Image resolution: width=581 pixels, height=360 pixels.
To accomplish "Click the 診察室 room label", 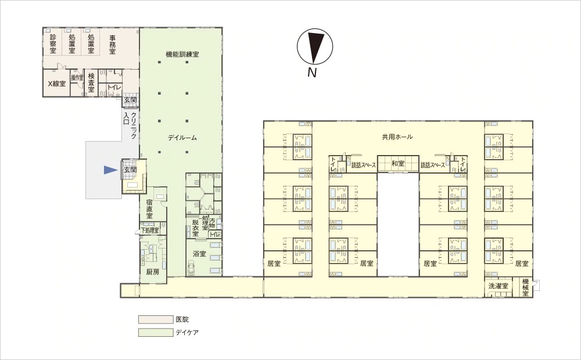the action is coord(53,44).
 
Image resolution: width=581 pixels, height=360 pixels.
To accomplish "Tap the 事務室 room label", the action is coord(112,44).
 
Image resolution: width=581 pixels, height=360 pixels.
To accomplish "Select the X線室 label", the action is coord(57,84).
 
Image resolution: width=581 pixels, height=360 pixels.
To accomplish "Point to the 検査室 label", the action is coord(91,82).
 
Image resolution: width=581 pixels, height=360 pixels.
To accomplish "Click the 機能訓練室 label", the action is coord(182,55).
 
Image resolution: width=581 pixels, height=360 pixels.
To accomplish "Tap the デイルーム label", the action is coord(182,138).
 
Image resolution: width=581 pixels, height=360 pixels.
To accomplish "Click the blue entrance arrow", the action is coord(110,170).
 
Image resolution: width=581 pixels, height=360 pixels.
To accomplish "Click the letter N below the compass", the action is coord(313,73).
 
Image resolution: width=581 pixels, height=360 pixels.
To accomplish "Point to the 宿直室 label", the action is coord(150,209).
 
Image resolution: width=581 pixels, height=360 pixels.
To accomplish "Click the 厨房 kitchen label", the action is coord(153,272).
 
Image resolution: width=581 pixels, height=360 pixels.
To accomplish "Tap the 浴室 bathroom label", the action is coord(200,254).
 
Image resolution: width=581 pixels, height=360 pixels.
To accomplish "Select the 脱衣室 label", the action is coord(195,228).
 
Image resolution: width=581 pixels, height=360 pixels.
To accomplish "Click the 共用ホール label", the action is coord(397,137).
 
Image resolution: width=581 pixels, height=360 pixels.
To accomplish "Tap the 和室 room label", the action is coord(398,163).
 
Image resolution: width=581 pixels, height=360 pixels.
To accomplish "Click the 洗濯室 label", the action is coord(498,286).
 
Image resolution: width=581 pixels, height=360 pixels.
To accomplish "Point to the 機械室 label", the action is coord(525,287).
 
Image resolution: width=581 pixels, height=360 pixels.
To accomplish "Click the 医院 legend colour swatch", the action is coord(156,319).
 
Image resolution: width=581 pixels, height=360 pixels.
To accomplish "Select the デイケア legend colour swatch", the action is coord(156,332).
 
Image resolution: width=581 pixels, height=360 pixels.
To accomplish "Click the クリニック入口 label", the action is coord(130,125).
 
